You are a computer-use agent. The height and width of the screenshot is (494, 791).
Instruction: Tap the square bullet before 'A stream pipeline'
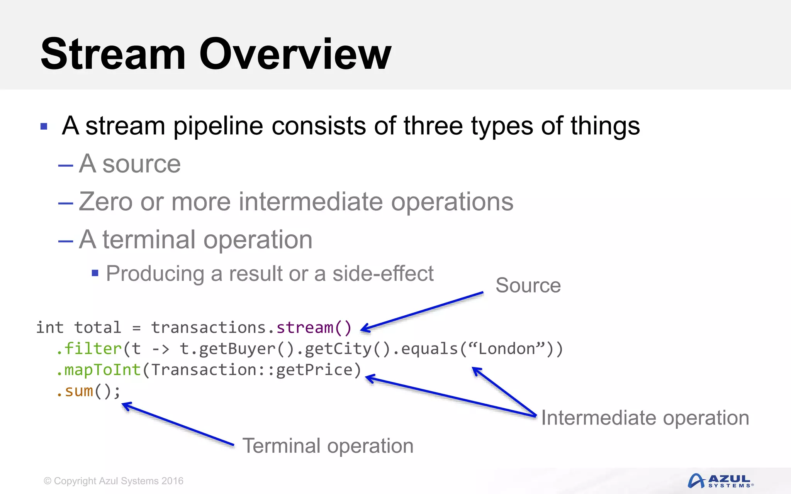click(x=44, y=127)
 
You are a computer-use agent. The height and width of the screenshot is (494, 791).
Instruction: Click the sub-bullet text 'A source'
click(x=130, y=164)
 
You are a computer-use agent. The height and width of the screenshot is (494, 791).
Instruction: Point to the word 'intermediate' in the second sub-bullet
click(x=311, y=201)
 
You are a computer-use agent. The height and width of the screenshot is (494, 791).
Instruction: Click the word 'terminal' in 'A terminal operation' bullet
click(x=149, y=240)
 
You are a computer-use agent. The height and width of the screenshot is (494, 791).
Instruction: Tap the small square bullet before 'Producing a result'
click(x=95, y=273)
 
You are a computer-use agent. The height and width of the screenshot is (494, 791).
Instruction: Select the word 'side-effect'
click(x=383, y=274)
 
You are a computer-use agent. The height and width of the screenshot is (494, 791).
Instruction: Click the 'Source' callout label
click(x=528, y=286)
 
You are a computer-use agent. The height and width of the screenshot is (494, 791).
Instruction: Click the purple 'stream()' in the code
click(x=314, y=328)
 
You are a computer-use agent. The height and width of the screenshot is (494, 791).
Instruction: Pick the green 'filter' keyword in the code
click(x=93, y=349)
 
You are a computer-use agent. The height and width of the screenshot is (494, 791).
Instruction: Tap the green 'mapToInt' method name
click(x=102, y=370)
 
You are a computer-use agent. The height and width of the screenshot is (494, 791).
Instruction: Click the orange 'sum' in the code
click(x=79, y=391)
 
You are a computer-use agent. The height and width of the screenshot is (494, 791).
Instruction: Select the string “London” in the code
click(x=506, y=349)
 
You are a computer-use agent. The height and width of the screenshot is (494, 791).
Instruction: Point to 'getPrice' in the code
click(x=314, y=370)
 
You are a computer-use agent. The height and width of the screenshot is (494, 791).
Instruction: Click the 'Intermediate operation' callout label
click(x=645, y=418)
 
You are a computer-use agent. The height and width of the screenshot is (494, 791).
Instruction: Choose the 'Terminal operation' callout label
click(x=328, y=446)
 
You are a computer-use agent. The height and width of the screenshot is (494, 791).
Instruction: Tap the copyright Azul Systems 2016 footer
click(x=114, y=481)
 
